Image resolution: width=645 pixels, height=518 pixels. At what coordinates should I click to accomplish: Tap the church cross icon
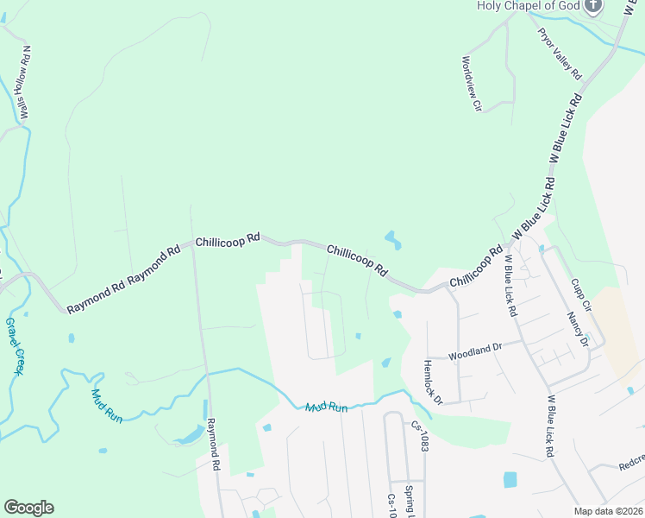(x=592, y=7)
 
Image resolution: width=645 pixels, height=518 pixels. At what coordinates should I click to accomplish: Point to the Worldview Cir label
(x=471, y=84)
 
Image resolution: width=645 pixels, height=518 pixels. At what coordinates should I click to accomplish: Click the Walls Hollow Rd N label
(x=26, y=82)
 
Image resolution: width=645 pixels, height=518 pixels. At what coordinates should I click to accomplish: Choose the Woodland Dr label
(x=474, y=351)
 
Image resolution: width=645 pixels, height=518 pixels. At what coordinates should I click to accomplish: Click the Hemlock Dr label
(x=432, y=382)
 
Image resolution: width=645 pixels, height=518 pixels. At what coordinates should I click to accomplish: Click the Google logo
(x=28, y=508)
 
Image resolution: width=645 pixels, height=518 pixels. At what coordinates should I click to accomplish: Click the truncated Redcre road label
(x=631, y=464)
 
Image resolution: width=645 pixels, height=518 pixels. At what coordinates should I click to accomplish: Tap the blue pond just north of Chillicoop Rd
(x=392, y=238)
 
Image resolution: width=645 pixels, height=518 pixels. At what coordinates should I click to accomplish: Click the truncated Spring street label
(x=410, y=501)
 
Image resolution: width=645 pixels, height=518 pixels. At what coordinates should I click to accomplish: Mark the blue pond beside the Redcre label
(x=510, y=479)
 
